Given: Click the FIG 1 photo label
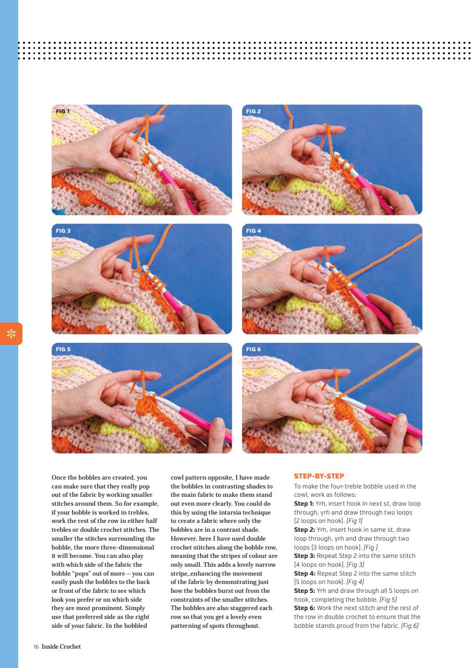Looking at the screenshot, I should [x=62, y=111].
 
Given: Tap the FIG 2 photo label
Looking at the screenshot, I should [x=253, y=111].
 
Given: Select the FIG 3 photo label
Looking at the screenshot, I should [x=63, y=230].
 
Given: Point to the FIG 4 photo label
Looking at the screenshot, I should [x=253, y=230].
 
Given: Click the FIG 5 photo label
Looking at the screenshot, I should [x=63, y=349].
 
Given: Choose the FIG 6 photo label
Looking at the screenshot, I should [x=253, y=349].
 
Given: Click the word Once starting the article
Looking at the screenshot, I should [x=59, y=477].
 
